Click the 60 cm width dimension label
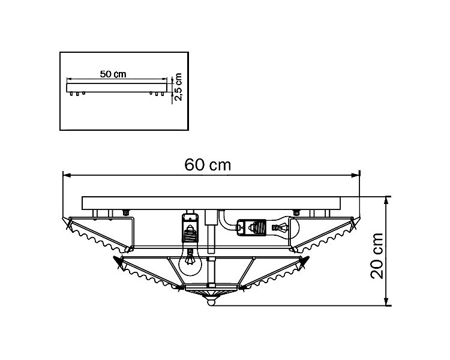[x=208, y=165]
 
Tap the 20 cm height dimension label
[x=377, y=256]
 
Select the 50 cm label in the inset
[x=113, y=74]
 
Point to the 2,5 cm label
[x=178, y=86]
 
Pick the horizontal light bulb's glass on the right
[x=284, y=227]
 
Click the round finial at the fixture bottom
[x=211, y=302]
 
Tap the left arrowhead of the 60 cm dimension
[x=67, y=175]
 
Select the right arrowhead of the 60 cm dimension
[x=356, y=175]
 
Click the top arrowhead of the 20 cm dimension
[x=387, y=200]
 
